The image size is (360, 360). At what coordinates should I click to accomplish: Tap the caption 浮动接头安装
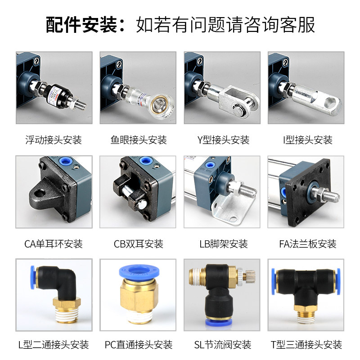54,140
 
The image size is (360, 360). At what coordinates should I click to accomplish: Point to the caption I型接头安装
307,140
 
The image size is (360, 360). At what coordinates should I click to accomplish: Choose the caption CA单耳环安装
54,244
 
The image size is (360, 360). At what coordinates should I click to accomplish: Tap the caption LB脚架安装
223,244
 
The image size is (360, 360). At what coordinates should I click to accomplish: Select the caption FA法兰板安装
307,244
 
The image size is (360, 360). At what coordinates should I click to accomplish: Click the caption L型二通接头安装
54,345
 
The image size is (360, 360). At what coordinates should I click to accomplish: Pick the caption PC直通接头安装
138,345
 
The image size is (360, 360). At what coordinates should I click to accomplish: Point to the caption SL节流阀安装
222,345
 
